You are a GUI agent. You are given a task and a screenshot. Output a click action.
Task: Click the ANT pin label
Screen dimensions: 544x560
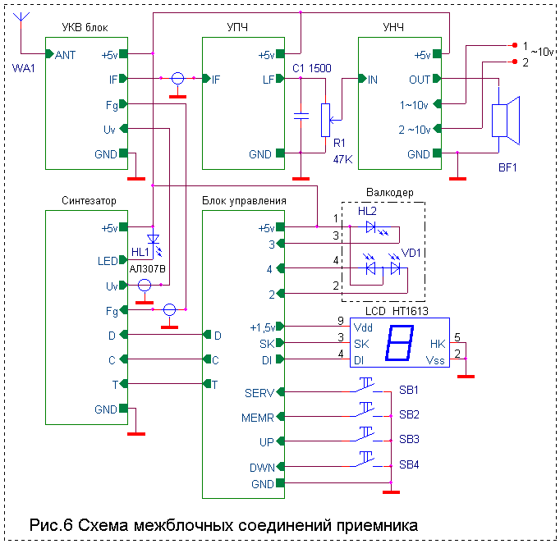(66, 55)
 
